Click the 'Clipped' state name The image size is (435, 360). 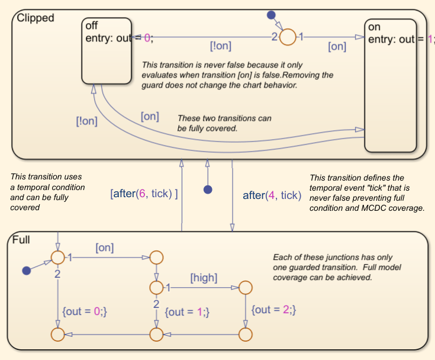36,18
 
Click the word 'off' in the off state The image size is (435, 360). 92,25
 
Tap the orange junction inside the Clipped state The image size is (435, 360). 287,37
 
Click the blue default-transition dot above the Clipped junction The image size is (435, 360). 272,14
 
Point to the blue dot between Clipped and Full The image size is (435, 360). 208,189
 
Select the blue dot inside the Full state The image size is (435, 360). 26,271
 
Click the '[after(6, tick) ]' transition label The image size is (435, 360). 144,194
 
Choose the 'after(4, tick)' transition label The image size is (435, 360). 272,195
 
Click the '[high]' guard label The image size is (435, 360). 203,277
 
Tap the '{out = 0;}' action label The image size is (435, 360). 84,310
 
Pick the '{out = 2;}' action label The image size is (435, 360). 273,310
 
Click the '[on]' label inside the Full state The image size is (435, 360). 104,247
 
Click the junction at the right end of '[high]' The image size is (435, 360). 245,288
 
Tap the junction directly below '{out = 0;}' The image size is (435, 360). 57,335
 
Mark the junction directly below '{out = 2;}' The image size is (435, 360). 245,335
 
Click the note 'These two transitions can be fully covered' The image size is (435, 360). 224,123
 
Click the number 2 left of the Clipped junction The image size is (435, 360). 274,37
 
